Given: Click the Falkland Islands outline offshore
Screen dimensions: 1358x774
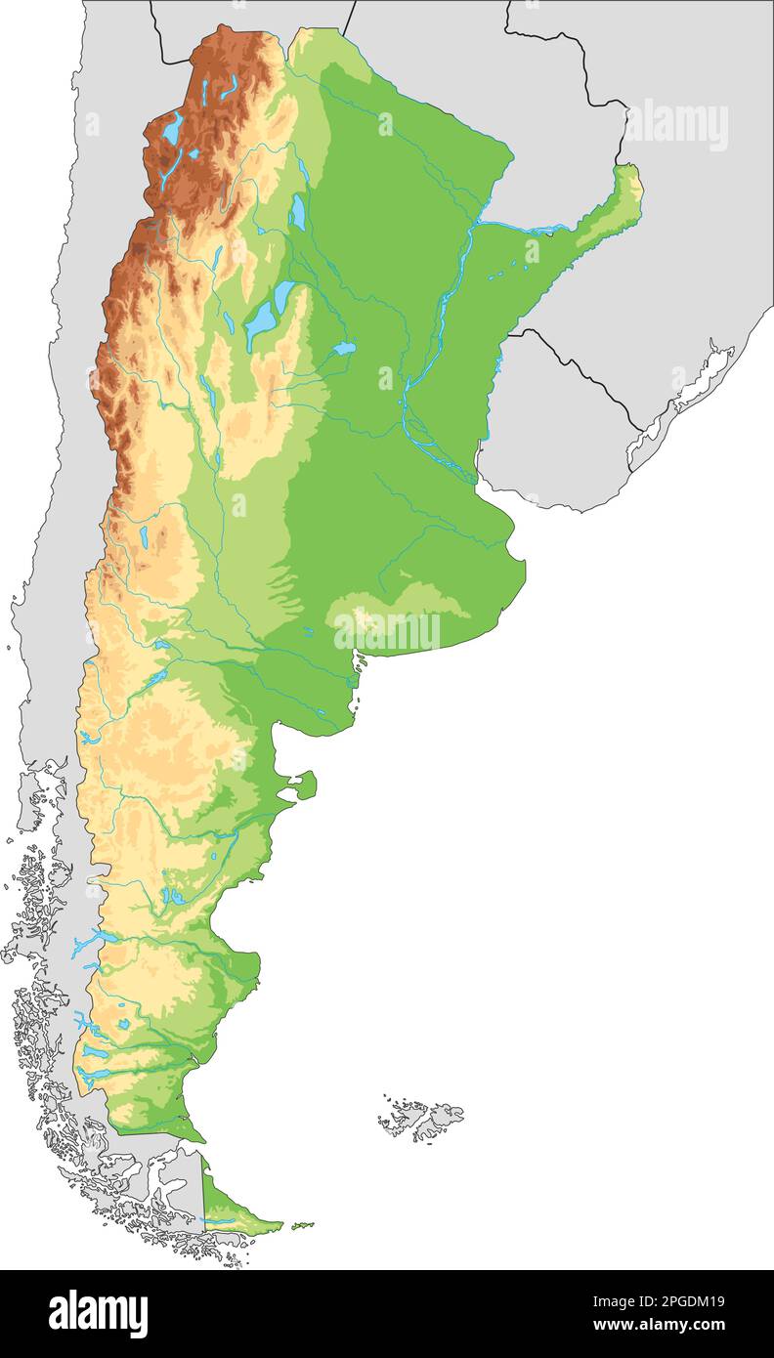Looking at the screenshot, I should coord(423,1117).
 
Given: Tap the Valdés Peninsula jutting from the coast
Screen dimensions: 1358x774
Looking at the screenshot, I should coord(305,785).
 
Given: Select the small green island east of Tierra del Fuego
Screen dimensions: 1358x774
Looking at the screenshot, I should coord(303,1224).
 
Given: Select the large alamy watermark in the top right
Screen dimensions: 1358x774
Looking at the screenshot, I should coord(677,126).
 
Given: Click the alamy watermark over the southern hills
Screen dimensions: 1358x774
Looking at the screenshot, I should coord(387,631).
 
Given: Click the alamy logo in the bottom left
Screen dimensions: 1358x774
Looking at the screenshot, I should coord(98,1313).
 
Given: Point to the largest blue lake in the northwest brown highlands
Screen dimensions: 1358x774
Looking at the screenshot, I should coord(173,128).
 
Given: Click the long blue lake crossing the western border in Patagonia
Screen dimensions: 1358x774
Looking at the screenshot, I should coord(93,942).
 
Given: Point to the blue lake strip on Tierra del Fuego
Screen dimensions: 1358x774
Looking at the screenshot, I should coord(220,1220).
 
